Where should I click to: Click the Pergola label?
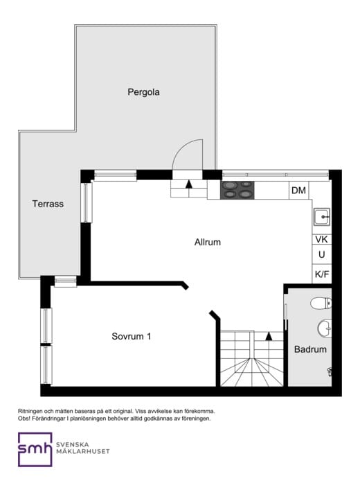point(143,91)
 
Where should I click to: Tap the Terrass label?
point(48,204)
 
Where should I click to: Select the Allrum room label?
point(207,243)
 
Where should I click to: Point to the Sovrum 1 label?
point(132,337)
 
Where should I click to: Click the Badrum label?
point(309,349)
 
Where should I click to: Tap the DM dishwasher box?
point(298,191)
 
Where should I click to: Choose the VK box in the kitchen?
point(321,239)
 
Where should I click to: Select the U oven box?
point(321,255)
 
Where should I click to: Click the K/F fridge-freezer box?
point(321,274)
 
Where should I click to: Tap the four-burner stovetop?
point(237,190)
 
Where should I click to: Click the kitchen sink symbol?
point(322,217)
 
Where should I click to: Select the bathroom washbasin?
point(325,326)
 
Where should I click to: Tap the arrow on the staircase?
point(269,336)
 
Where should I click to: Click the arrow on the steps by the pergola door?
point(189,184)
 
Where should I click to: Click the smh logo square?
point(35,449)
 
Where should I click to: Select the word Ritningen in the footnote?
point(32,412)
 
